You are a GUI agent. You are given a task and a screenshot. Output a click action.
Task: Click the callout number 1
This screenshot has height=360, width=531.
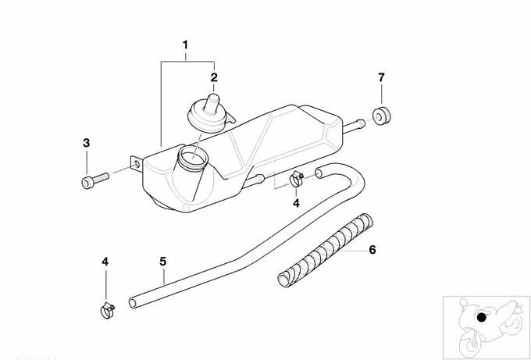point(185,45)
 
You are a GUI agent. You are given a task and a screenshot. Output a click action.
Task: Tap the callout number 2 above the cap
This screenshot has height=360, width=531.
point(214,77)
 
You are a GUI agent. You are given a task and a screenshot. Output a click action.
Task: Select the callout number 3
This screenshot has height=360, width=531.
point(87,143)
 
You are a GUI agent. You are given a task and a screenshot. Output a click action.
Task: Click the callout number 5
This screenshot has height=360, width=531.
point(163,262)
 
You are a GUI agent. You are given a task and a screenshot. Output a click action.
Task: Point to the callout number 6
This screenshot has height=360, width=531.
point(372,250)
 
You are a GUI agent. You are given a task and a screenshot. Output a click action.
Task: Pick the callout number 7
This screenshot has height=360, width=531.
point(381,77)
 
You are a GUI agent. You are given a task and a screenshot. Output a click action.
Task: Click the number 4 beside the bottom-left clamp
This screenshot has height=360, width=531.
point(105,262)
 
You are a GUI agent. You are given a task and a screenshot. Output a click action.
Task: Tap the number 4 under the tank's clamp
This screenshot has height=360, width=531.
point(296,203)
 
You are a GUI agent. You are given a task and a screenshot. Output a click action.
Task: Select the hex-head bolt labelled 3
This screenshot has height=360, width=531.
point(94,180)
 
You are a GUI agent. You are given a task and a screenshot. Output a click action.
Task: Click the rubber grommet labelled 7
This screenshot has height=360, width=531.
point(382,116)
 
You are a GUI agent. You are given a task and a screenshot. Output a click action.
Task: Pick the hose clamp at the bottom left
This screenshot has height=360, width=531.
point(108,310)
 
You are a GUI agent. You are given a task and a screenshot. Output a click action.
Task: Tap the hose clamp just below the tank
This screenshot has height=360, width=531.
point(297,179)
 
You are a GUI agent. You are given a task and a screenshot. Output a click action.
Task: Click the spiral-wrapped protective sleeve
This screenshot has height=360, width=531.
point(325,250)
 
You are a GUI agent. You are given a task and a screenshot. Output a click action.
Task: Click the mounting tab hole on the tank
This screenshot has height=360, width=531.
point(137,165)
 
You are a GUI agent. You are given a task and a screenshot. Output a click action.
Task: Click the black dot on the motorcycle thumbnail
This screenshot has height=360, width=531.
point(481,318)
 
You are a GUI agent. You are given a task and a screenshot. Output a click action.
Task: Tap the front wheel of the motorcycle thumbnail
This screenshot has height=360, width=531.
point(470,344)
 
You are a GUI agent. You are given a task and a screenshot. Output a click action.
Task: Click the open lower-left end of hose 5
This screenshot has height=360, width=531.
point(133,303)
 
